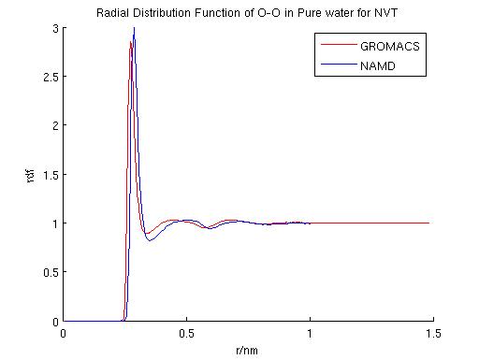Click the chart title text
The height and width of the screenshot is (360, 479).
tap(245, 13)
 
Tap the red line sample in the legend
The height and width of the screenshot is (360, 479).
tap(336, 45)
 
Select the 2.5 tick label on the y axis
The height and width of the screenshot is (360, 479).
tap(50, 77)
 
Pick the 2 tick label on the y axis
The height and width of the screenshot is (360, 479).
tap(54, 125)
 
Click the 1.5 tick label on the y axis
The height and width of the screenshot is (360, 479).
tap(50, 175)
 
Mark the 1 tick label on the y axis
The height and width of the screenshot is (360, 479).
tap(54, 223)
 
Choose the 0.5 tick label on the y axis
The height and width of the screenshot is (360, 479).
tap(50, 272)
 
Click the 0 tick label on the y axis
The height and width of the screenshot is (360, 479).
tap(54, 321)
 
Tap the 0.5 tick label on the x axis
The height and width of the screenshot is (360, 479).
tap(186, 334)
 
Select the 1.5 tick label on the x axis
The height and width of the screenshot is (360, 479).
tap(432, 334)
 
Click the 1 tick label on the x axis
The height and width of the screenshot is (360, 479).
tap(310, 334)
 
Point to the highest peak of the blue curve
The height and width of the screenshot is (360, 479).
tap(134, 29)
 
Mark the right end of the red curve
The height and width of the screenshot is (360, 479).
tap(428, 223)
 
